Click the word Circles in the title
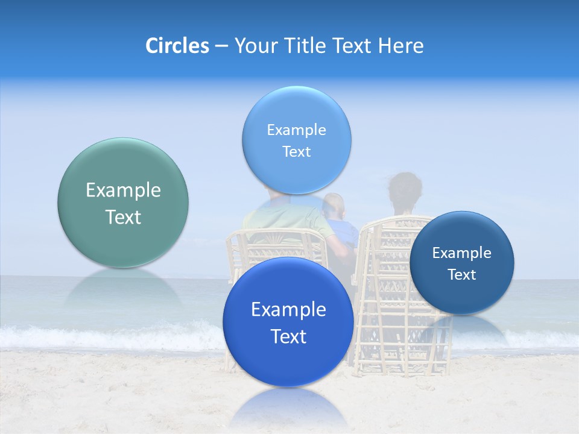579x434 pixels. (x=177, y=46)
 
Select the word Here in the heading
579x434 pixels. (x=401, y=46)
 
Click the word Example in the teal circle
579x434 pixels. (x=123, y=190)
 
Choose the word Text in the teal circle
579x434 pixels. (x=123, y=217)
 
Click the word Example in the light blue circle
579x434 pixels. (x=297, y=130)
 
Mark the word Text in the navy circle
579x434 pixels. (x=462, y=275)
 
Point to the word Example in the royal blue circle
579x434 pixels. (x=288, y=309)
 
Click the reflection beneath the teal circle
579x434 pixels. (x=122, y=289)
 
